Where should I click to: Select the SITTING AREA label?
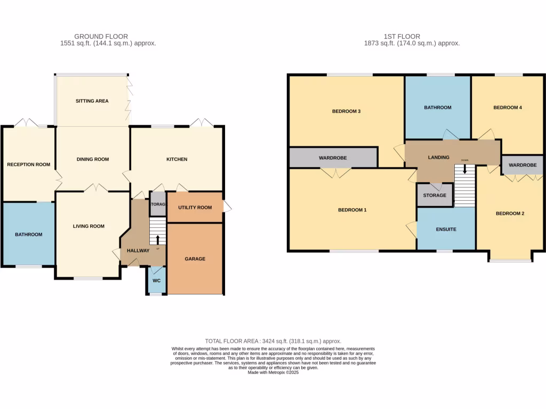(92, 101)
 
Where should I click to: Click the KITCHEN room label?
(176, 159)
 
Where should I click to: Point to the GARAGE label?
(195, 259)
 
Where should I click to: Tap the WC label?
(156, 281)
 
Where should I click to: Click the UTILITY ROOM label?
(195, 207)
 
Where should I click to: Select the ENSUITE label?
(446, 229)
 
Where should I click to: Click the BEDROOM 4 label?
(507, 108)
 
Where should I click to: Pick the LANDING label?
(439, 158)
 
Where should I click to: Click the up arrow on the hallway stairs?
(157, 239)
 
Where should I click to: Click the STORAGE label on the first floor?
(435, 195)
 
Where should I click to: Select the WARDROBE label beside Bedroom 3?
(333, 158)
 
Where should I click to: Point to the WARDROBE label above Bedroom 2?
(522, 166)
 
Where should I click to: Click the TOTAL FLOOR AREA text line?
(273, 341)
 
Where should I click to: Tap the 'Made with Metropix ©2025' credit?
(273, 373)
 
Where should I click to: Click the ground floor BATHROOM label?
(28, 234)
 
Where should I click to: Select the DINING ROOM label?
(93, 159)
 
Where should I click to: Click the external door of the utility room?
(227, 207)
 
